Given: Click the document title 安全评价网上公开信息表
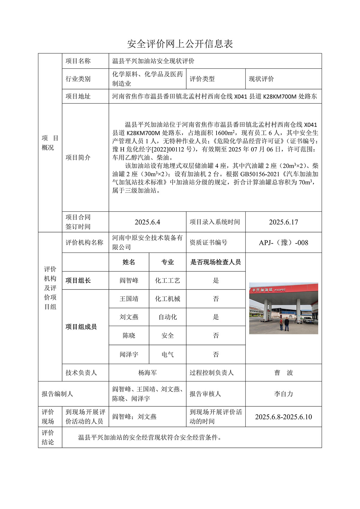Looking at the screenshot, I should click(x=180, y=44).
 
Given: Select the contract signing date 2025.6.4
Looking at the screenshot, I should click(x=147, y=222).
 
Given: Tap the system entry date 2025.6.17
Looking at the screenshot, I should click(x=283, y=222).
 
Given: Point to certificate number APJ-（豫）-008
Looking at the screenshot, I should click(x=283, y=243).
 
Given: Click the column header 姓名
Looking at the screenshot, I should click(x=129, y=262).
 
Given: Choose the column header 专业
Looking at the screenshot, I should click(x=167, y=262).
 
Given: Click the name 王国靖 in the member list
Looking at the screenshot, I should click(x=129, y=299).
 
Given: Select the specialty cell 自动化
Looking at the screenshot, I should click(x=167, y=317).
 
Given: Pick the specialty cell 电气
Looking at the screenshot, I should click(x=167, y=355).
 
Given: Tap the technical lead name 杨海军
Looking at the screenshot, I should click(x=147, y=373).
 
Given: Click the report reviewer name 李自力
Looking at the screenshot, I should click(x=283, y=394).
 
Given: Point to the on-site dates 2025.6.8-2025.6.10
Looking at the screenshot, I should click(x=283, y=417).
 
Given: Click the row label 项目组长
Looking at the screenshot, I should click(x=78, y=280).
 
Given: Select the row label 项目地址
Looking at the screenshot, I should click(x=78, y=96).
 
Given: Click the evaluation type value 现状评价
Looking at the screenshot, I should click(x=261, y=79).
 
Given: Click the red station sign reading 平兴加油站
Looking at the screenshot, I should click(x=262, y=290).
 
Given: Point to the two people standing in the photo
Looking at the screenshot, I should click(x=284, y=324).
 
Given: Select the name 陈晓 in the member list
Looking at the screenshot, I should click(x=129, y=336).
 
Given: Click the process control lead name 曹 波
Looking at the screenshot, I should click(x=283, y=373).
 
